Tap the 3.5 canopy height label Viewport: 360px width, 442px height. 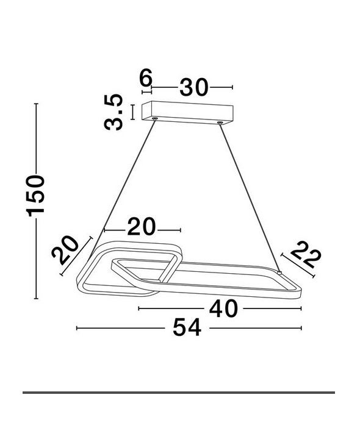(113, 112)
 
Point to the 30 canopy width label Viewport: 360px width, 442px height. (194, 87)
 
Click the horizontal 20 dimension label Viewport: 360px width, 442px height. (142, 226)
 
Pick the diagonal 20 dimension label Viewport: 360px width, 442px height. (65, 251)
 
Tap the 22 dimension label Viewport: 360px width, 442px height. (306, 255)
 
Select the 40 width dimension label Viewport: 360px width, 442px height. (223, 308)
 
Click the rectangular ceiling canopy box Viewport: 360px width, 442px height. (187, 112)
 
